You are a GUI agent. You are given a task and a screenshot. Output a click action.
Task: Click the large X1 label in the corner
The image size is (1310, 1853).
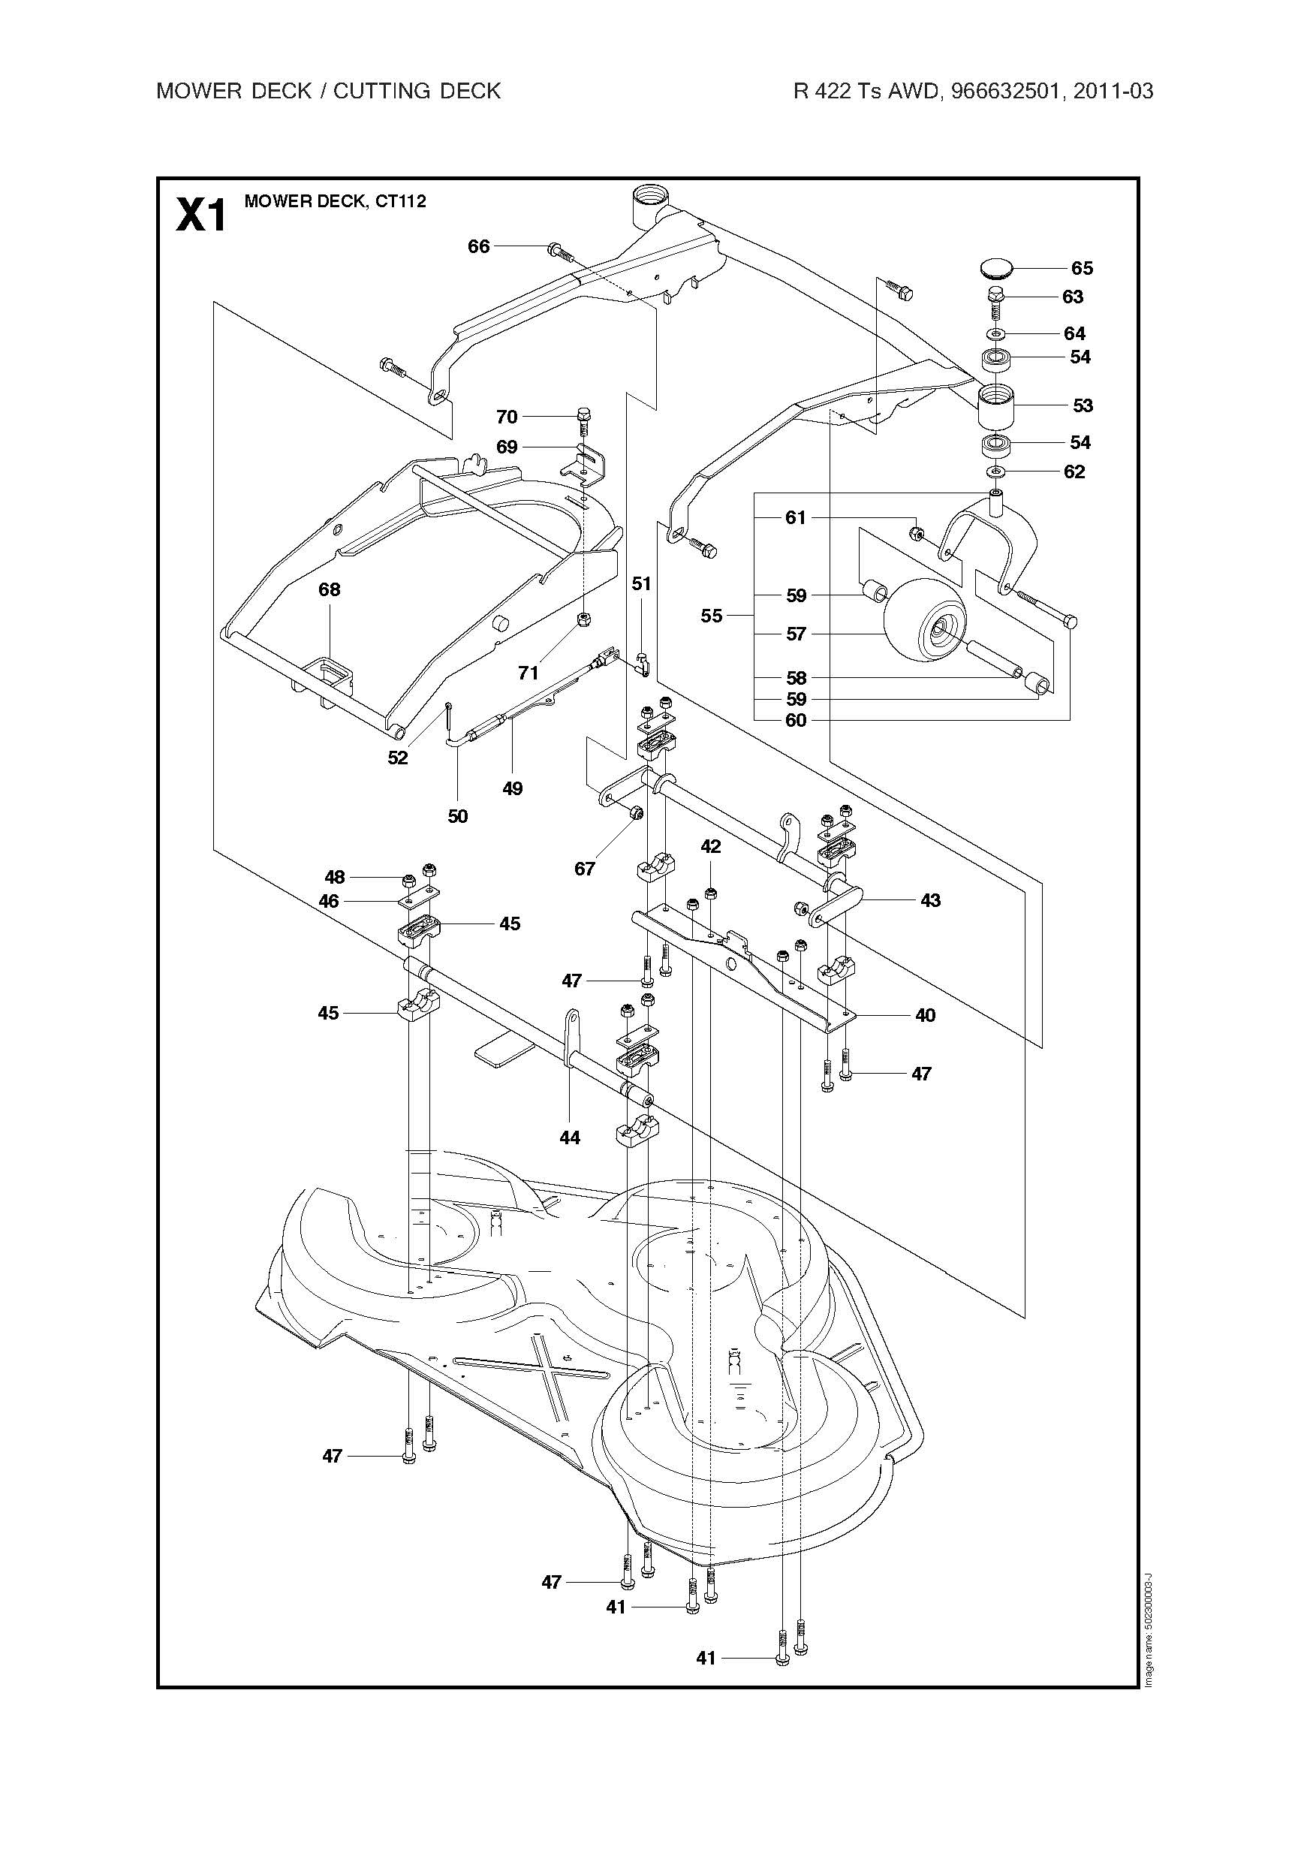[201, 215]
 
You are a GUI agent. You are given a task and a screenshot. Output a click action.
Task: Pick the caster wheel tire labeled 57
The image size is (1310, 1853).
[925, 622]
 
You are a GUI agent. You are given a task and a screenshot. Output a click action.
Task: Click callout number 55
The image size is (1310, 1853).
[711, 616]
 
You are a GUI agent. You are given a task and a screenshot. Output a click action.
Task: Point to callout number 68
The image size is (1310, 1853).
[330, 589]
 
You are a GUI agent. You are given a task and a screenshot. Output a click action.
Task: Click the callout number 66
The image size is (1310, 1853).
[479, 246]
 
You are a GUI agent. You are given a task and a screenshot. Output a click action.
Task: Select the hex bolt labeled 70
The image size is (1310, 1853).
[584, 421]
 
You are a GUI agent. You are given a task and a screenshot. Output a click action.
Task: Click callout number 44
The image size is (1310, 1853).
[570, 1137]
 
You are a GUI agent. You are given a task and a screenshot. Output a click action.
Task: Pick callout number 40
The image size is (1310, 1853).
[925, 1014]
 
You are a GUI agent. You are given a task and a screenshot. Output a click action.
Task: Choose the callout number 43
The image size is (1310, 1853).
[931, 900]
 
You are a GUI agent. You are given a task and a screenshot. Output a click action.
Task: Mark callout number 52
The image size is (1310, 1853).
[398, 758]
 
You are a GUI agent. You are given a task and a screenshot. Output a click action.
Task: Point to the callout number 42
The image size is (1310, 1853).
[711, 847]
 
